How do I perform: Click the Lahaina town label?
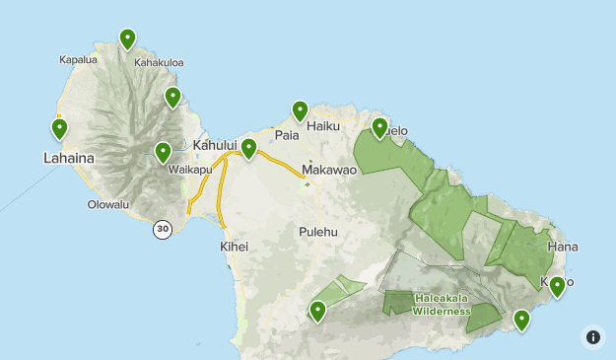68,157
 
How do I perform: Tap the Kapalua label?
78,60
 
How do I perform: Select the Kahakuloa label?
159,62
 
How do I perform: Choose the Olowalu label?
108,205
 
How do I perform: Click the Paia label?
287,135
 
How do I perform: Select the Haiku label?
323,126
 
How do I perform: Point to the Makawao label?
329,170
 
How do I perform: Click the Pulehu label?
317,232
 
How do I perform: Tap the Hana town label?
563,246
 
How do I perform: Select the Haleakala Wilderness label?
441,304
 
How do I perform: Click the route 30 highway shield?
163,229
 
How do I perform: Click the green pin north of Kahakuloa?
127,39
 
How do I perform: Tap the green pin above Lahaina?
59,128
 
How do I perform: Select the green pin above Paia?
300,110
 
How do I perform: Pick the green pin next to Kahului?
248,148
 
